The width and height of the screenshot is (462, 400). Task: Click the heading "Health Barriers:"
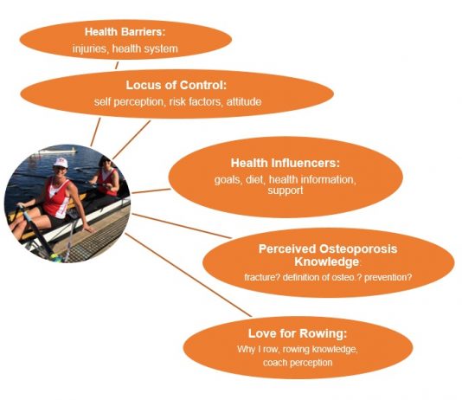click(x=125, y=32)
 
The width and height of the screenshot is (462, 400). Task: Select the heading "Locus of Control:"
click(x=176, y=85)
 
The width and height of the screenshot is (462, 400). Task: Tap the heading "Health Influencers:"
click(x=286, y=163)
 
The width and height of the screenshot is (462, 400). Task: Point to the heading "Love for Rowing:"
click(x=298, y=333)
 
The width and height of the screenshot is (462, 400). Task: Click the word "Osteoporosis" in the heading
click(x=358, y=249)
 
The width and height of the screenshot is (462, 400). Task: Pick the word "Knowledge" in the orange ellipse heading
click(x=327, y=261)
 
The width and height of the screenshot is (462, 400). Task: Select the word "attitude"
click(x=244, y=102)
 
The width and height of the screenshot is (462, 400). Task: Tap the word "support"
click(x=286, y=190)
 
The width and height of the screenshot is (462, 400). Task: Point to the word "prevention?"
click(x=388, y=277)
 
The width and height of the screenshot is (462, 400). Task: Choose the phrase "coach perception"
click(x=298, y=363)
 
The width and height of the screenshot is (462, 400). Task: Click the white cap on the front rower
click(x=60, y=163)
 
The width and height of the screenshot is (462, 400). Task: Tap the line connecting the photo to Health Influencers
click(x=151, y=191)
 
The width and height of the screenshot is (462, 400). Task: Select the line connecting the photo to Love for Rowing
click(x=189, y=274)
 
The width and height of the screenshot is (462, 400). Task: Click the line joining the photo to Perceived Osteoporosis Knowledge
click(x=182, y=226)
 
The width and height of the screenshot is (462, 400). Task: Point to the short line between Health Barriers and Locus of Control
click(x=117, y=66)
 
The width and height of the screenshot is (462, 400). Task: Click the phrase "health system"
click(x=145, y=49)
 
